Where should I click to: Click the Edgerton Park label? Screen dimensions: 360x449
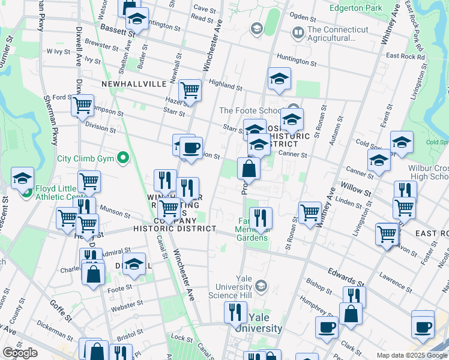tap(356, 8)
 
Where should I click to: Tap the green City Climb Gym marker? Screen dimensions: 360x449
tap(124, 158)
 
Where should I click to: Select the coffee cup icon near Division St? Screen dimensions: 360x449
tap(191, 148)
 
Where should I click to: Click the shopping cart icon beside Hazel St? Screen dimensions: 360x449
tap(190, 90)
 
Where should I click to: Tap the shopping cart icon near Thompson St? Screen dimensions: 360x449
tap(82, 106)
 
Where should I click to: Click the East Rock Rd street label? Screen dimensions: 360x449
tap(405, 56)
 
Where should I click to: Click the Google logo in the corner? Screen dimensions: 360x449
tap(20, 353)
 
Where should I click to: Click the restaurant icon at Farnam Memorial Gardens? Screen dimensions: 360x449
tap(260, 218)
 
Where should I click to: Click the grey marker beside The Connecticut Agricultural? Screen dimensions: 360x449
tap(297, 31)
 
